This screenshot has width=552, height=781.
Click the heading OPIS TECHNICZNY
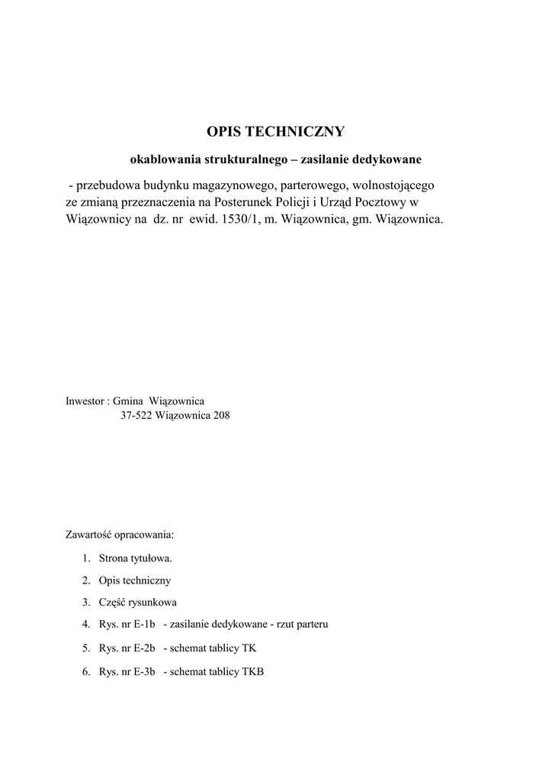[x=276, y=132]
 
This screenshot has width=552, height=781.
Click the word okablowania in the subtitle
[x=162, y=160]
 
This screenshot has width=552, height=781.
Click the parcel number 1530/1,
[x=237, y=219]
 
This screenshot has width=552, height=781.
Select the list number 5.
[x=86, y=649]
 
